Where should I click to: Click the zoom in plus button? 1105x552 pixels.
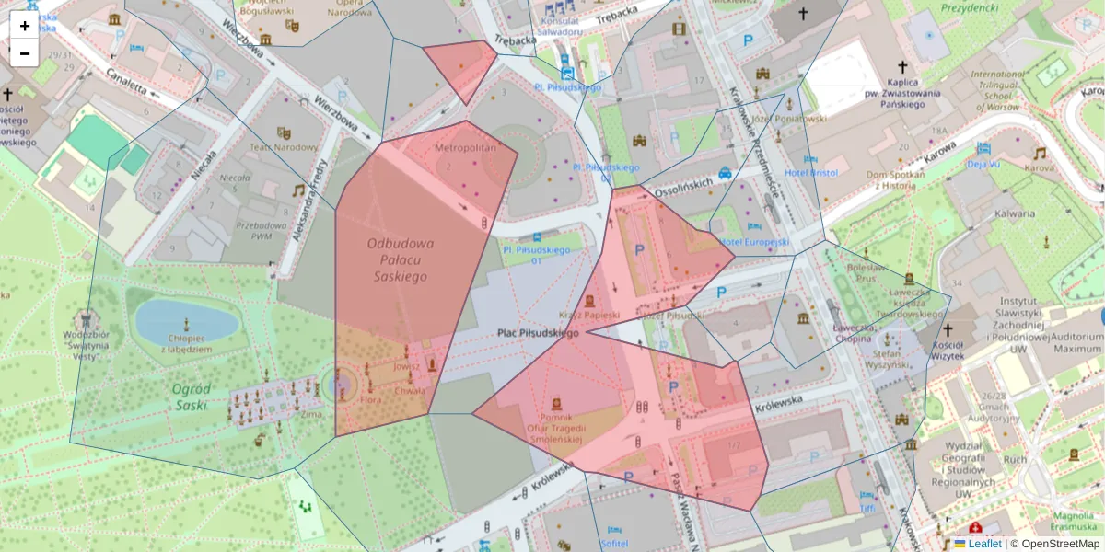25,26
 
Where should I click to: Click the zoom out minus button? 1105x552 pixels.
25,53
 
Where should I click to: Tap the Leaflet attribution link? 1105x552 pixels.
984,544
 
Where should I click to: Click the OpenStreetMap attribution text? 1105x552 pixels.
1059,544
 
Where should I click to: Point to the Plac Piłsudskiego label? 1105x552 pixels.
538,333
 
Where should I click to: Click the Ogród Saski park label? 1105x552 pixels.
192,397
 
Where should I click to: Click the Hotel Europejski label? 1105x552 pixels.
754,242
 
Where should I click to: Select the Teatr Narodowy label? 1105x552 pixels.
285,147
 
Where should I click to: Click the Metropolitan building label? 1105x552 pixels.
465,147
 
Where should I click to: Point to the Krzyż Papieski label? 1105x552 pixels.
589,316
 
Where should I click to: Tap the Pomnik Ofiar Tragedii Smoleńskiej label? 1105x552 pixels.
555,428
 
